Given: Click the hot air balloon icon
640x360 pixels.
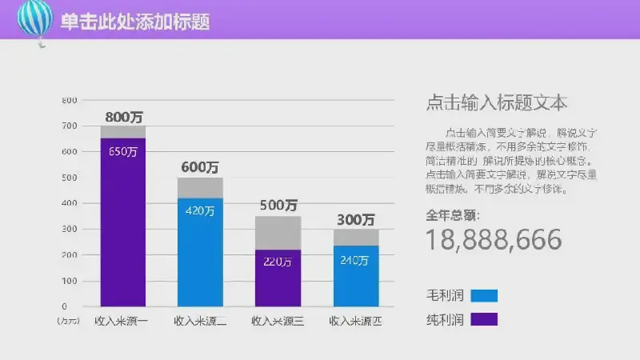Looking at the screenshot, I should point(34,19).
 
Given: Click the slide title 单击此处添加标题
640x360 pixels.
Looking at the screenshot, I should point(135,22).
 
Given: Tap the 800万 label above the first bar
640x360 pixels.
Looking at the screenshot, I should point(123,117).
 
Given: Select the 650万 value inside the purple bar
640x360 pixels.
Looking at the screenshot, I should point(123,152).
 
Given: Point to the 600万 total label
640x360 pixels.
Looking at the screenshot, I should point(200,168).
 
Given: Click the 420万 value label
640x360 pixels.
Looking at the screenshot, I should point(200,211).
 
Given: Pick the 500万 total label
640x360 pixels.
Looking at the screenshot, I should point(278,206).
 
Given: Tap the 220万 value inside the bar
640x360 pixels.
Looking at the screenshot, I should point(278,262).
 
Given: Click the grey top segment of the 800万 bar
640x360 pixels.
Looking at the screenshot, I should point(123,132).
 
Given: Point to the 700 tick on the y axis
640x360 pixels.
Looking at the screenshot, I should point(70,126).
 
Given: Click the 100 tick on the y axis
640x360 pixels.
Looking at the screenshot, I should point(70,281).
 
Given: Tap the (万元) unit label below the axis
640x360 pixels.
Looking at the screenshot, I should point(69,322).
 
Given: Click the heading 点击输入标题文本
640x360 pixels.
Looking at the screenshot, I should point(497,102).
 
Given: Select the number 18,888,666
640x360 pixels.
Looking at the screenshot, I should point(494,239).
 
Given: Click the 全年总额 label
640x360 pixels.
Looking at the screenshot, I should point(454,214).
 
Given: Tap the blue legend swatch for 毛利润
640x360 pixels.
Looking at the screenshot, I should point(484,295).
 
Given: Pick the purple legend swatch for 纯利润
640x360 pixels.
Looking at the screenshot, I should point(484,319).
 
